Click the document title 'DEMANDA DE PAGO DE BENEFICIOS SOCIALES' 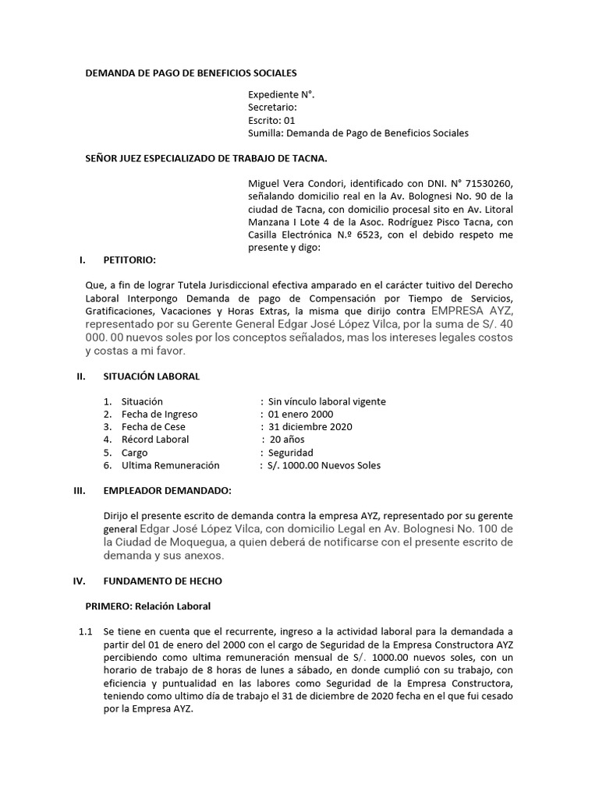click(x=190, y=73)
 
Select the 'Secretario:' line click(x=272, y=108)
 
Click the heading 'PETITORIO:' click(x=129, y=260)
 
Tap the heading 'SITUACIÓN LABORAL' click(x=151, y=376)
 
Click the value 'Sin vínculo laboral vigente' click(x=327, y=401)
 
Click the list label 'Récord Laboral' click(x=155, y=440)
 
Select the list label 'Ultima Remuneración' click(x=170, y=465)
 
